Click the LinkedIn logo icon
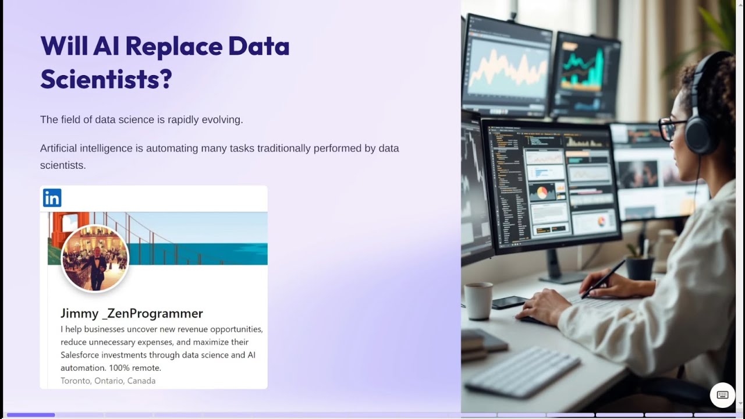pyautogui.click(x=52, y=198)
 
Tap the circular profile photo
pyautogui.click(x=95, y=258)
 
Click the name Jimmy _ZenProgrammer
pyautogui.click(x=132, y=313)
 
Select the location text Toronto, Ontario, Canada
pyautogui.click(x=108, y=381)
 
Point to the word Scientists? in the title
pyautogui.click(x=106, y=79)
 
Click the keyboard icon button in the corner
pyautogui.click(x=722, y=395)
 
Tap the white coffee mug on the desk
pyautogui.click(x=478, y=300)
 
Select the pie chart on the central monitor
pyautogui.click(x=542, y=193)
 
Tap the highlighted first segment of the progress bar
pyautogui.click(x=31, y=415)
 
